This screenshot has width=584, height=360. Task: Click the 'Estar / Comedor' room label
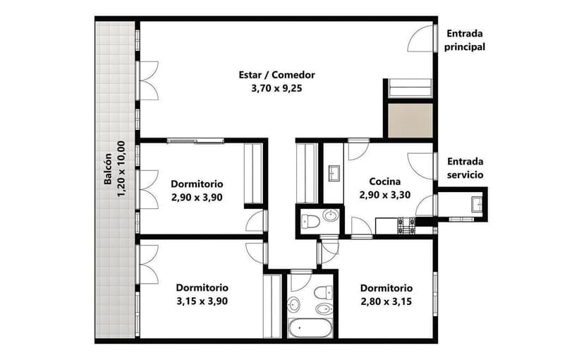[276, 75]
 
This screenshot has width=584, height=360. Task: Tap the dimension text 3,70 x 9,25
[276, 89]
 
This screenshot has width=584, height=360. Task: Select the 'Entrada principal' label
[464, 40]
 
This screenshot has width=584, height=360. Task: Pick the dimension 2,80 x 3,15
[386, 301]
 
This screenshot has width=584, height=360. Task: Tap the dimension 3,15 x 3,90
[202, 301]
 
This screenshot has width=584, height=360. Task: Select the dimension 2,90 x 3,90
[197, 197]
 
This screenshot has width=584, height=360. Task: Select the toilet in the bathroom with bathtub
[323, 292]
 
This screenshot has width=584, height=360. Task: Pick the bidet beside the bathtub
[322, 309]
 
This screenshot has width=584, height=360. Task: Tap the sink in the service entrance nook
[478, 204]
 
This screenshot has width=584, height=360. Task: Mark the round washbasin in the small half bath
[330, 215]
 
